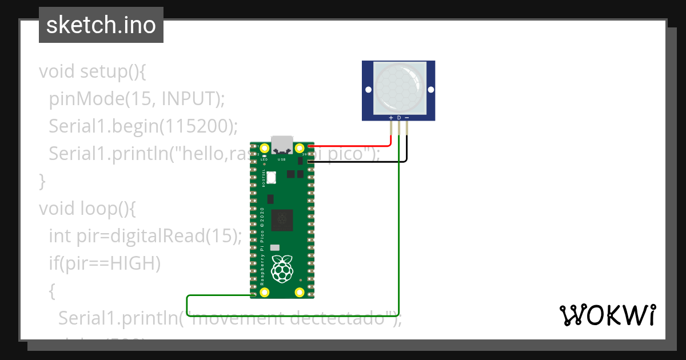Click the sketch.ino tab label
pyautogui.click(x=101, y=25)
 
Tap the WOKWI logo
pyautogui.click(x=607, y=315)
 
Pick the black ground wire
pyautogui.click(x=366, y=162)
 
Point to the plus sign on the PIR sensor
pyautogui.click(x=391, y=118)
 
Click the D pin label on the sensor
pyautogui.click(x=399, y=118)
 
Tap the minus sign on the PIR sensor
pyautogui.click(x=407, y=118)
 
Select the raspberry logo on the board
pyautogui.click(x=281, y=269)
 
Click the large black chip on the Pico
pyautogui.click(x=281, y=219)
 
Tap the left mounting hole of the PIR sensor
pyautogui.click(x=368, y=90)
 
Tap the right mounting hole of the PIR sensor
pyautogui.click(x=429, y=90)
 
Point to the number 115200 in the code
pyautogui.click(x=198, y=126)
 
